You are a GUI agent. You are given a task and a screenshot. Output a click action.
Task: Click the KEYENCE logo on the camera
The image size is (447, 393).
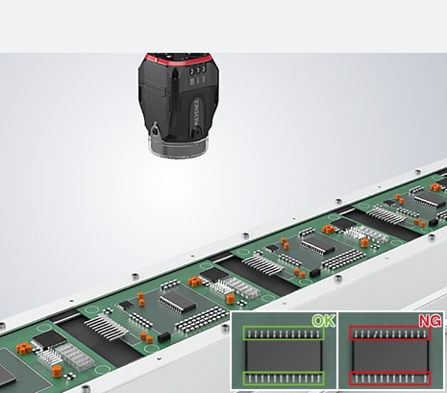196,112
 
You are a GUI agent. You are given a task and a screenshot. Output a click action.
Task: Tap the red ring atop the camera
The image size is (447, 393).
178,60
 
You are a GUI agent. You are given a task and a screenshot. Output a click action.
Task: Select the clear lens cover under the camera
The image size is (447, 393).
178,148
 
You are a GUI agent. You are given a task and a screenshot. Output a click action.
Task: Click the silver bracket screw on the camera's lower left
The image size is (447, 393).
156,131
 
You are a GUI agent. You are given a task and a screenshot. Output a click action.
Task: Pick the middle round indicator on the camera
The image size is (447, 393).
198,70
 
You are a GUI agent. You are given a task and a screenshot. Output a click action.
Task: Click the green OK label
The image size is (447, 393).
324,321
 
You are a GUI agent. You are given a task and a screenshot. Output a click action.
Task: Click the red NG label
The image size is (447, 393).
430,321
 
